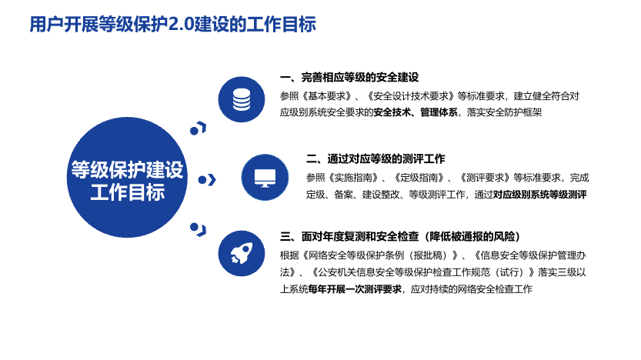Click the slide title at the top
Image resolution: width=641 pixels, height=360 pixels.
tap(172, 24)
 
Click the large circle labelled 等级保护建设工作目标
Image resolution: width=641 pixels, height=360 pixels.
tap(127, 178)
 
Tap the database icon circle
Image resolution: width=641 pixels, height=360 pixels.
tap(241, 99)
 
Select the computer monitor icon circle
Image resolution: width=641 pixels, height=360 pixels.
tap(265, 178)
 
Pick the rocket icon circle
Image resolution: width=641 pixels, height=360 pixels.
tap(241, 253)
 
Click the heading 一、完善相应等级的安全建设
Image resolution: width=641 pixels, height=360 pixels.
tap(349, 77)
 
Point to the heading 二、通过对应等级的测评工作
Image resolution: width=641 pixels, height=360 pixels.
tap(376, 158)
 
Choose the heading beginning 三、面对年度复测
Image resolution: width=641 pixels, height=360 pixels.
tap(400, 236)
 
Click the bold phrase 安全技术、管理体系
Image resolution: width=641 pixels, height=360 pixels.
tap(416, 112)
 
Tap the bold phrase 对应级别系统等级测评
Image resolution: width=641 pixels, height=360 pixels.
tap(540, 195)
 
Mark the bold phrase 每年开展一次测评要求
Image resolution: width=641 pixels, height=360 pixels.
tap(355, 289)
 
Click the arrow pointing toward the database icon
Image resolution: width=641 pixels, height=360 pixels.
tap(199, 128)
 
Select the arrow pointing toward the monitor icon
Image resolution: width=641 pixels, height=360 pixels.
tap(207, 180)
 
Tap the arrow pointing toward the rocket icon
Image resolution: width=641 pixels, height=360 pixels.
tap(199, 230)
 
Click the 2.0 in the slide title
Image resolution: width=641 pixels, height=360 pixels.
tap(181, 25)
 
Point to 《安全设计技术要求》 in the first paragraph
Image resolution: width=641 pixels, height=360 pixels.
tap(411, 96)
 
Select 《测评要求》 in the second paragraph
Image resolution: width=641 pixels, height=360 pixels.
tap(486, 178)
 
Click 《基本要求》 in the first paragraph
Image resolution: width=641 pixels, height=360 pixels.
tap(328, 96)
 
